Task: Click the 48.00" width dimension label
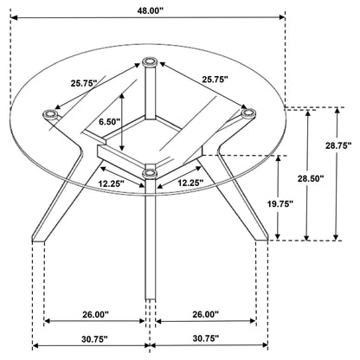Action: point(150,11)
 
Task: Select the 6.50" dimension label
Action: point(109,122)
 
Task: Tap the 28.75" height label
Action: point(338,145)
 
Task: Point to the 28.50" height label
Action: point(311,178)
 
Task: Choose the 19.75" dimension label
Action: point(280,203)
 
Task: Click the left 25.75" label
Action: point(84,83)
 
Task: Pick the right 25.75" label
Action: point(215,80)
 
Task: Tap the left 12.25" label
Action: point(111,183)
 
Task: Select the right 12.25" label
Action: point(190,183)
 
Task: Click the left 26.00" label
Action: point(95,314)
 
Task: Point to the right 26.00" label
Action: point(206,314)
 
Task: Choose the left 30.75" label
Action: point(94,339)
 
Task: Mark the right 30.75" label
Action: point(206,338)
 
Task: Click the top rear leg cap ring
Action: point(150,61)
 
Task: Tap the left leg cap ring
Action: point(51,114)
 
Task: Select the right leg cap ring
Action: point(248,113)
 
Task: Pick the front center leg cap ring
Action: point(150,173)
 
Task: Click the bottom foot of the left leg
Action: point(38,239)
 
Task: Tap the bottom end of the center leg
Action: point(150,299)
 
